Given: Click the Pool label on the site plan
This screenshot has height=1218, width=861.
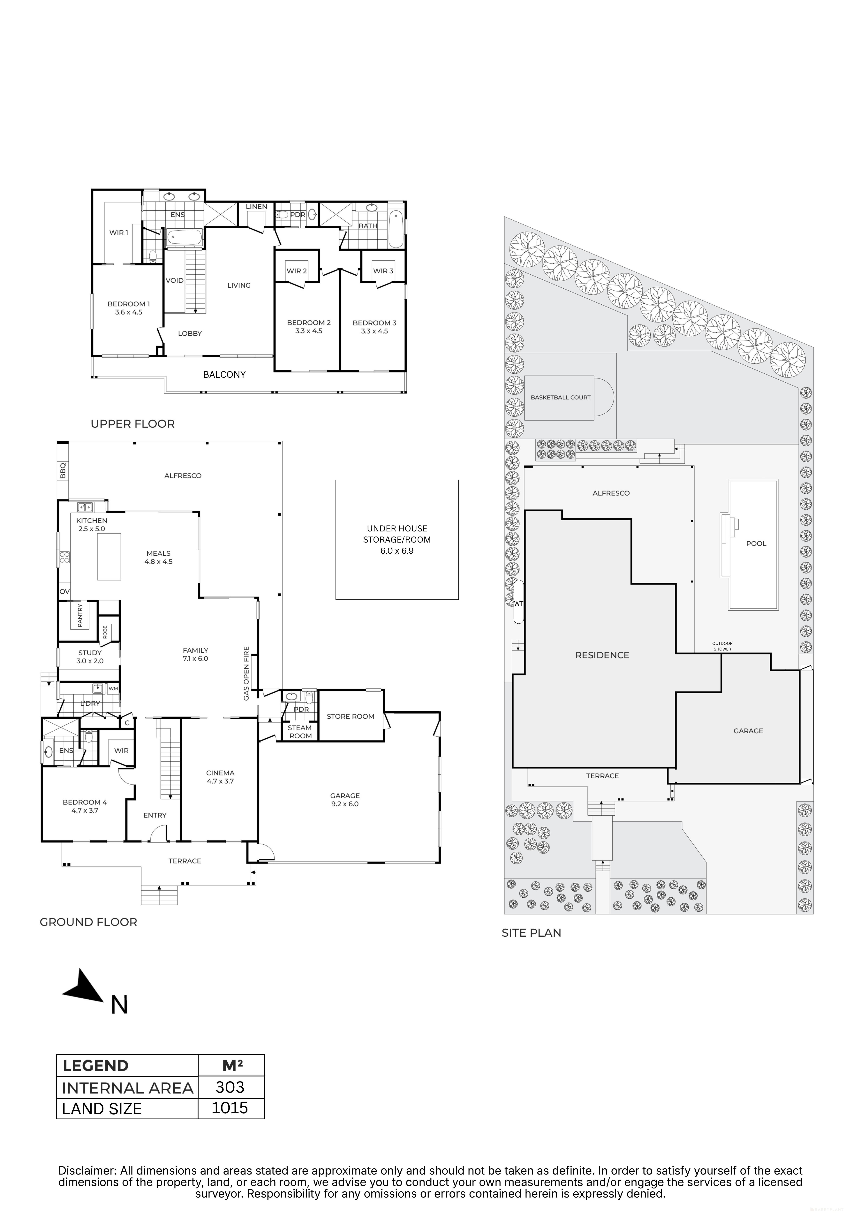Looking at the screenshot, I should pyautogui.click(x=756, y=544).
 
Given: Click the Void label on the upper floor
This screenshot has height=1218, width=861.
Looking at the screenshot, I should pyautogui.click(x=175, y=281).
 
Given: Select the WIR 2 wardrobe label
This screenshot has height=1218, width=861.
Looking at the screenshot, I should pyautogui.click(x=297, y=271).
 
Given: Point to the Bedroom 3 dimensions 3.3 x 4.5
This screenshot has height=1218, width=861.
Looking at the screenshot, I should pyautogui.click(x=374, y=331).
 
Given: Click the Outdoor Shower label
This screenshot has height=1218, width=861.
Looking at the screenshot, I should pyautogui.click(x=722, y=646).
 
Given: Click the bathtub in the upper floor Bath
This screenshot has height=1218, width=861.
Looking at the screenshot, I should pyautogui.click(x=396, y=230).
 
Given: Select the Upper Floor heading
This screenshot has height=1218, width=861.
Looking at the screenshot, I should pyautogui.click(x=133, y=424).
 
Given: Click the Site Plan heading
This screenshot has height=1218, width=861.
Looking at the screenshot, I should pyautogui.click(x=531, y=933).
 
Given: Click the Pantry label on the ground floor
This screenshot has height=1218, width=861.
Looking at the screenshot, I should pyautogui.click(x=80, y=615).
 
